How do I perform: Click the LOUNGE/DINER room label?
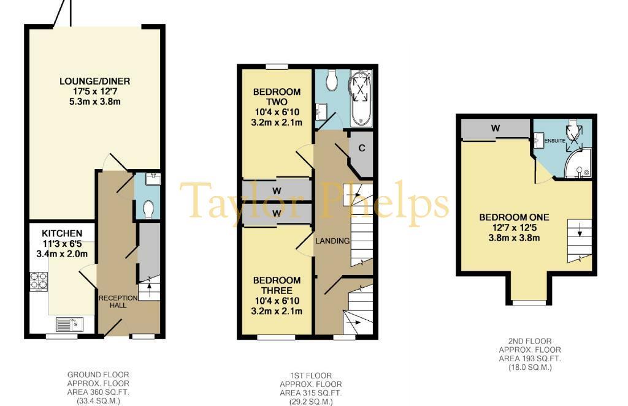95,81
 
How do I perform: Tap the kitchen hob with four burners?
39,281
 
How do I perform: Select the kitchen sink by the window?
69,325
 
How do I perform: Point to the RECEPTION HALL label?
118,302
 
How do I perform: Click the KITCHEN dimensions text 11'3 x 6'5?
62,244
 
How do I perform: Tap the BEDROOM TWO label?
277,97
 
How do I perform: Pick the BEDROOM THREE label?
277,285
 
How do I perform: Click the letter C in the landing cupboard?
362,148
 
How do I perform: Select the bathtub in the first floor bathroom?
362,99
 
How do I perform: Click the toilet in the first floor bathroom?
332,80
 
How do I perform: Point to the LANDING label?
332,241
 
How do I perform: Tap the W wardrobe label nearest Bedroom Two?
277,191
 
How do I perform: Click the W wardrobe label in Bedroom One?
496,129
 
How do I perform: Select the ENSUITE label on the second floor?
554,141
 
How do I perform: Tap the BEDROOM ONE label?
515,217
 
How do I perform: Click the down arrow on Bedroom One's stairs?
579,231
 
